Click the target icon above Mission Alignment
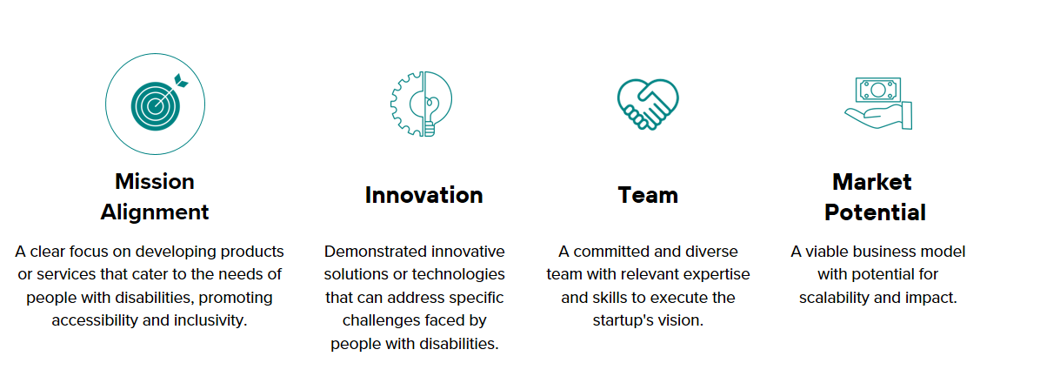coord(155,104)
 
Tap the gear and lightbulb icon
coord(421,104)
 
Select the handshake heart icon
coord(648,104)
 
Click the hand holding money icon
coord(878,103)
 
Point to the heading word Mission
coord(155,181)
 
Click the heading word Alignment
coord(155,212)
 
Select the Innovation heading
coord(423,195)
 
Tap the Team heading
coord(648,195)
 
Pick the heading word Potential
coord(875,212)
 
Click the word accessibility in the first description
coord(93,319)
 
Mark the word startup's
coord(623,320)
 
